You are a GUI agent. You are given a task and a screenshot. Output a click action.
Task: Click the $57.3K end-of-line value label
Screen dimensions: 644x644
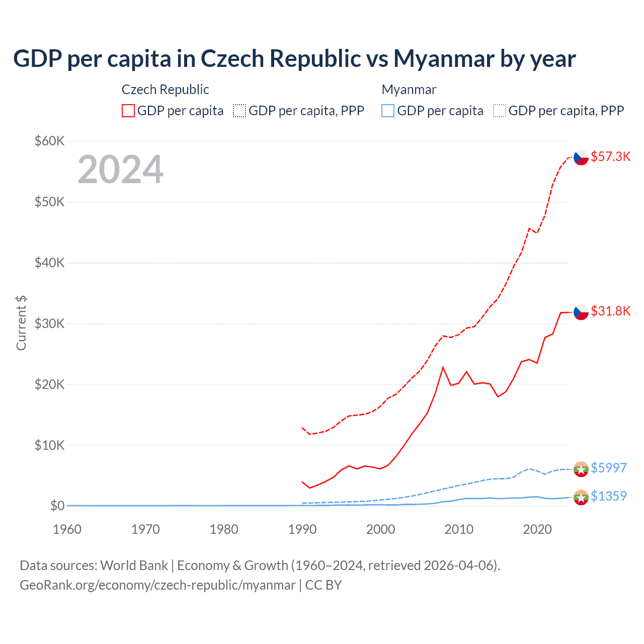tap(610, 156)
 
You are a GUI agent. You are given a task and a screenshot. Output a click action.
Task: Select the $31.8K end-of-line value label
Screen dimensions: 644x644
tap(610, 311)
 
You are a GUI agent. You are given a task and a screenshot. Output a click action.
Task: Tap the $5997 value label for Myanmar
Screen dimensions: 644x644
tap(608, 468)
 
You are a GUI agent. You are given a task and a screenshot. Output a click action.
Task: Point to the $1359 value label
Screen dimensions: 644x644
tap(608, 496)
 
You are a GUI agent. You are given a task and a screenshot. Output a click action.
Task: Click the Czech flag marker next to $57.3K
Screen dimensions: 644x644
tap(581, 157)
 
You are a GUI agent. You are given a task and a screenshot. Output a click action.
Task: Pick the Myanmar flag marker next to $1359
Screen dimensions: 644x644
tap(581, 497)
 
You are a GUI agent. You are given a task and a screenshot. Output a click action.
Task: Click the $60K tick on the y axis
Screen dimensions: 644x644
tap(49, 141)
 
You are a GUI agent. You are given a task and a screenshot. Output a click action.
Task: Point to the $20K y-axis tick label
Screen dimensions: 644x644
tap(49, 384)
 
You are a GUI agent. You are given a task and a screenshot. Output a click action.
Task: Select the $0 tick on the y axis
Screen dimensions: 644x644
tap(57, 506)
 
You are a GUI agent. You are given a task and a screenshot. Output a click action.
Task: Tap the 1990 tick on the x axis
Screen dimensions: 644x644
tap(302, 529)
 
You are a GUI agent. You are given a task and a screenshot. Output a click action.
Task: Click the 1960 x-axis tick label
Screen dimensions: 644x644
tap(67, 529)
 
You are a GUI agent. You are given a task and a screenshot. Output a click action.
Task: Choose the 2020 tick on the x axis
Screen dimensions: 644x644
tap(537, 529)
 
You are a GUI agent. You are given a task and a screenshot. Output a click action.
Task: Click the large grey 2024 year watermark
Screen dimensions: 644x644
tap(120, 170)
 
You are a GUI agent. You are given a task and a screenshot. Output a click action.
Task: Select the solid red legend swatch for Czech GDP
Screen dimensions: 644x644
tap(128, 111)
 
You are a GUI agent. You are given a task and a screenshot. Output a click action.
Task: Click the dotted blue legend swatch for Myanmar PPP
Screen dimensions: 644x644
tap(500, 111)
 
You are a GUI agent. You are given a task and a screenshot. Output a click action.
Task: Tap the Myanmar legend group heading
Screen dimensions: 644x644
tap(409, 90)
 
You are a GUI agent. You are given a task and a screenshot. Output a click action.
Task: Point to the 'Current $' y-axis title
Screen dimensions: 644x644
tap(21, 323)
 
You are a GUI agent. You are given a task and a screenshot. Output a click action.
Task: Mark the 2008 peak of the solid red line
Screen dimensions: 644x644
tap(443, 367)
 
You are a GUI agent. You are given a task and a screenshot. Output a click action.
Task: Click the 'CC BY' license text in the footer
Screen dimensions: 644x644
tap(324, 585)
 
